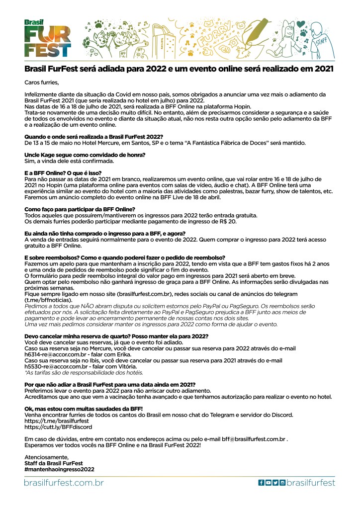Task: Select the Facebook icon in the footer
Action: [x=261, y=482]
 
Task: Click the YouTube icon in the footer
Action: [x=268, y=482]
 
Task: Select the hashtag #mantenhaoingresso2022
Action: [x=59, y=469]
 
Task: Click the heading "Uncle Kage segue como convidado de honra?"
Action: [x=85, y=155]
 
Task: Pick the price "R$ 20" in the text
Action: [x=229, y=221]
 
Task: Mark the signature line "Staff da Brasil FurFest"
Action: [x=54, y=463]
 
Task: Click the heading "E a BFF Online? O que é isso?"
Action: [x=63, y=172]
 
